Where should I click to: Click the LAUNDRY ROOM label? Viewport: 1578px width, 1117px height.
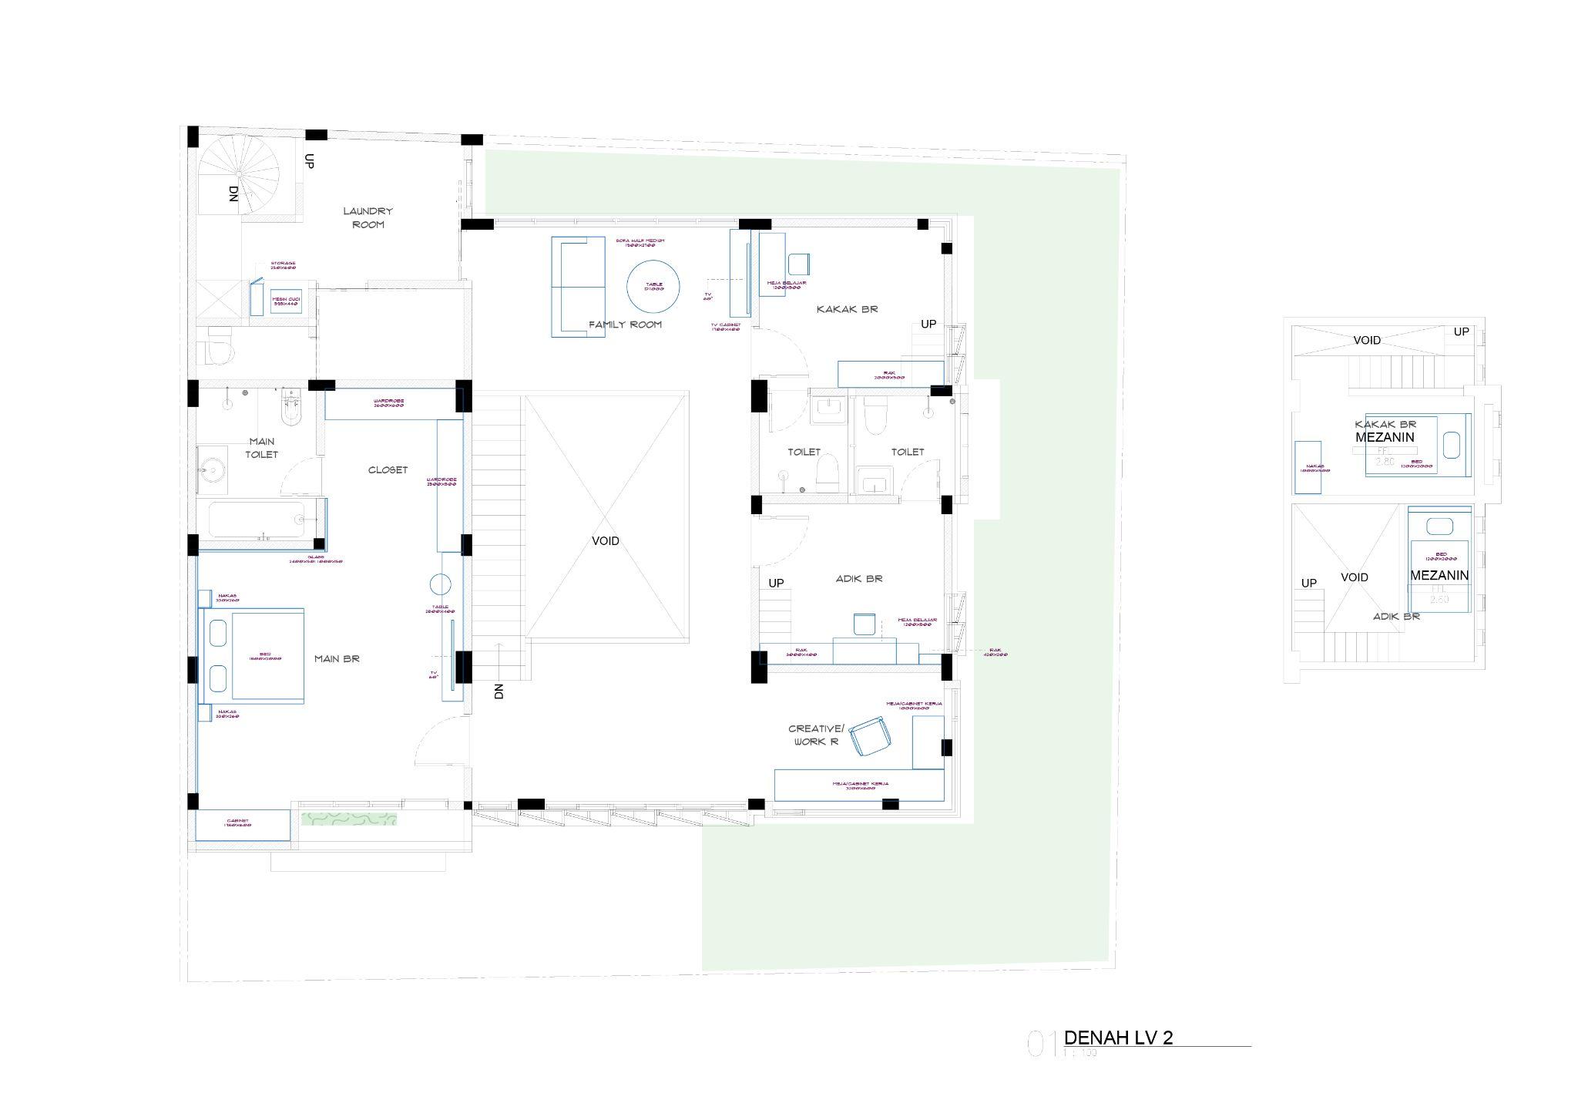coord(368,217)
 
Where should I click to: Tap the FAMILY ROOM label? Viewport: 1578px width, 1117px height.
coord(625,325)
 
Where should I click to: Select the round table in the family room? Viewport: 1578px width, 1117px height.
coord(653,286)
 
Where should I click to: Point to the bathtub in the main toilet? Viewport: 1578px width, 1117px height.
coord(257,520)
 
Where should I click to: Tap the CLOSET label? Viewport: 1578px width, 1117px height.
coord(388,470)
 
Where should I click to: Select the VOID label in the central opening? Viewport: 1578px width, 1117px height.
coord(606,541)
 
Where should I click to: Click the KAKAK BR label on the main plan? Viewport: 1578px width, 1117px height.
coord(847,309)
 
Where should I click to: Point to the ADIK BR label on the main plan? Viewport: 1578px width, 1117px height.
coord(859,578)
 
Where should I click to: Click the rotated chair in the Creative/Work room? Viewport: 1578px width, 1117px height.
coord(870,738)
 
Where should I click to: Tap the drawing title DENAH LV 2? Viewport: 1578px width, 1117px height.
coord(1118,1038)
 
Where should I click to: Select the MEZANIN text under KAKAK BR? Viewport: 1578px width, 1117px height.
coord(1385,437)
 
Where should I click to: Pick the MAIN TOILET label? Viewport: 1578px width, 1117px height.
coord(262,448)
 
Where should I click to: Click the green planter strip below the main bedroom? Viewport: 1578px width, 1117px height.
coord(349,819)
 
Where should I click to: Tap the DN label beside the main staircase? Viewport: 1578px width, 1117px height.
coord(499,691)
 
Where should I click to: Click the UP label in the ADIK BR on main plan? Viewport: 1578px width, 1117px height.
coord(776,583)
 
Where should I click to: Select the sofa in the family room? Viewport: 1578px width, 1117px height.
coord(578,286)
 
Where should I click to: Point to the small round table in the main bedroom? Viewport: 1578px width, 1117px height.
coord(440,584)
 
